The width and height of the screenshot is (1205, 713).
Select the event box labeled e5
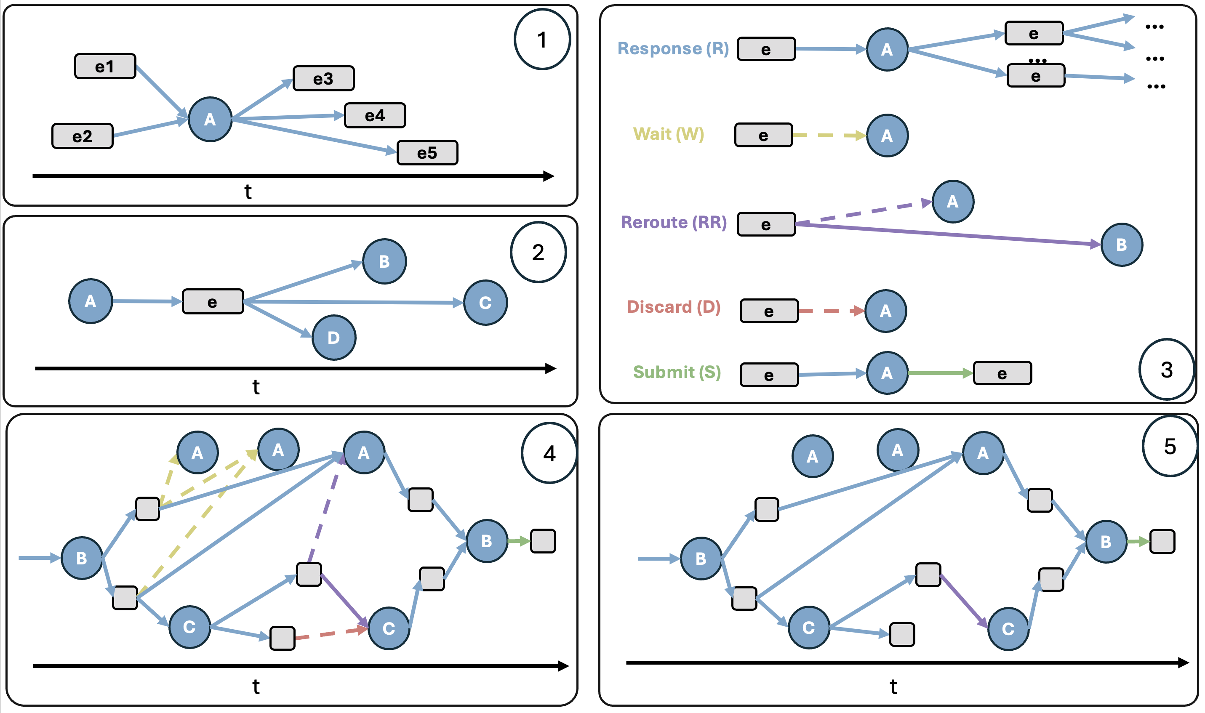tap(427, 153)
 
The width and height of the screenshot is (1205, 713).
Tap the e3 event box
tap(323, 78)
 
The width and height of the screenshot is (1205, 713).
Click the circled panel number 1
tap(542, 40)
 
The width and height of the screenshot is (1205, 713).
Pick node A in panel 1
tap(210, 119)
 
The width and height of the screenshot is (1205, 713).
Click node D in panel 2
tap(334, 338)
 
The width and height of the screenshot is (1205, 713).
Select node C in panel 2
tap(485, 303)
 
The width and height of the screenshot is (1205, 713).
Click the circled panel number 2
tap(538, 252)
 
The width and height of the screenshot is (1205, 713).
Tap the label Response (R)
tap(673, 48)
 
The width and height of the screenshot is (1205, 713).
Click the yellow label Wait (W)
tap(668, 134)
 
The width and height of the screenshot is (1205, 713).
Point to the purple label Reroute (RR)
tap(674, 223)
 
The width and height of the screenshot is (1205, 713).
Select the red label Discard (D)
tap(674, 307)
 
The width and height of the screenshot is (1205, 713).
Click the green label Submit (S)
tap(677, 372)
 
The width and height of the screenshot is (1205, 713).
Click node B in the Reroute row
tap(1121, 245)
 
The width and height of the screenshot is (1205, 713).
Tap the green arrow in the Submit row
tap(940, 373)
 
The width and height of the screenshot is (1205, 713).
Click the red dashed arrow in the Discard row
tap(831, 311)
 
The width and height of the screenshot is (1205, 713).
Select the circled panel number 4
tap(549, 453)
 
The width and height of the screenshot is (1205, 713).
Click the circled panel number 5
tap(1170, 446)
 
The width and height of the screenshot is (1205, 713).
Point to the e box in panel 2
tap(212, 302)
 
